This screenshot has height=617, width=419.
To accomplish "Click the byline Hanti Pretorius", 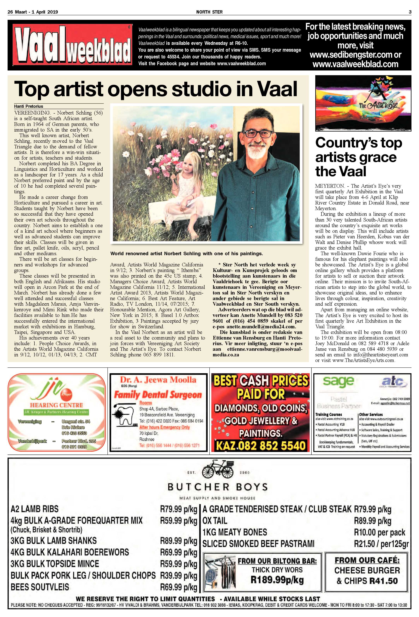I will [x=29, y=106].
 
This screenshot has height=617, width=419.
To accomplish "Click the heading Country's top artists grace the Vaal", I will [x=358, y=157].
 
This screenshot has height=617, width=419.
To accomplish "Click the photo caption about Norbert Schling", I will [x=186, y=253].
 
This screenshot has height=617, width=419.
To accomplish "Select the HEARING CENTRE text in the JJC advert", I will [x=56, y=405].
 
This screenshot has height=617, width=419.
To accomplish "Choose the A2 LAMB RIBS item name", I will [x=34, y=509].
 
